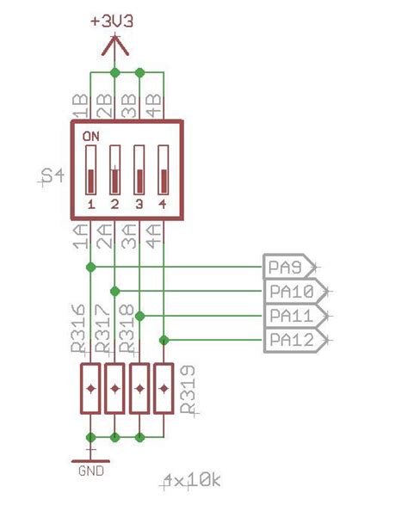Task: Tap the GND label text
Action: (90, 471)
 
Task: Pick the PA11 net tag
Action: (291, 316)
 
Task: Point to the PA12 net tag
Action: (291, 341)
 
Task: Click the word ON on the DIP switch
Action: (90, 136)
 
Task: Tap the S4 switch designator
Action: (53, 177)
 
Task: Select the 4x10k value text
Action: (191, 481)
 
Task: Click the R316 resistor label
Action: (78, 329)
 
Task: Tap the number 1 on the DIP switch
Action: (90, 204)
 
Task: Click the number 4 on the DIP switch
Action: (163, 204)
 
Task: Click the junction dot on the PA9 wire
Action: (90, 267)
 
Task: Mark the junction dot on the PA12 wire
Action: (163, 341)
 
